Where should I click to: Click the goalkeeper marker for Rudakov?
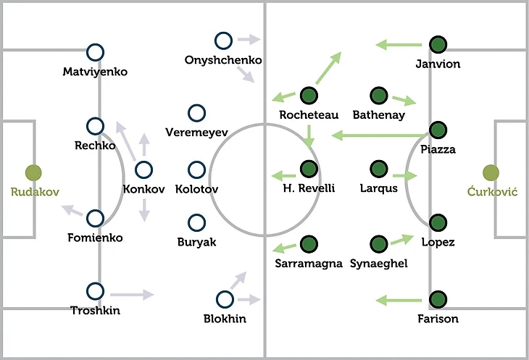33,172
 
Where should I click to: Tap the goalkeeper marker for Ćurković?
491,172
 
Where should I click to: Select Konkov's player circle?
143,171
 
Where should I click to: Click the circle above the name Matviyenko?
95,52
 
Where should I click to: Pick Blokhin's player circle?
225,298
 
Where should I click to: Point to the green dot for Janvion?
437,44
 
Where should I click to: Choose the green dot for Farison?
437,298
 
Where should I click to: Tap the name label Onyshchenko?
223,60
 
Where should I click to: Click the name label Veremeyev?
196,133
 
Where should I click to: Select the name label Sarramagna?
309,264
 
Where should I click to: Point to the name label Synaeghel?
378,264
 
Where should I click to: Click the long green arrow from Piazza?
378,134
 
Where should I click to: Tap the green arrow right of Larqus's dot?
404,175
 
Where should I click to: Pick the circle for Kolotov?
196,169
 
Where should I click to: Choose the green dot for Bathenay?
378,95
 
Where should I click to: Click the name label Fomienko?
95,238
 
